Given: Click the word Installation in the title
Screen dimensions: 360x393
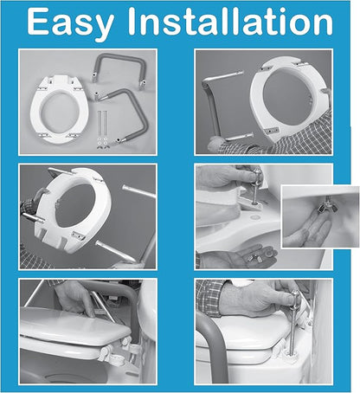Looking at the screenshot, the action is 230,21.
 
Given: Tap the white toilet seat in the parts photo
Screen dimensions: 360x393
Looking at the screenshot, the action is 59,109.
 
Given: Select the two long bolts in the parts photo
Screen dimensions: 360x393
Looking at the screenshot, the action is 102,124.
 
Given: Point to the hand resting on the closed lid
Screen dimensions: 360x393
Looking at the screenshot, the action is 75,297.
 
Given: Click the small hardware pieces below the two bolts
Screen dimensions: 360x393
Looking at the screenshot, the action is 102,143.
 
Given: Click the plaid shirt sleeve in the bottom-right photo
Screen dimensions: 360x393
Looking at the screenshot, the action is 209,297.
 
